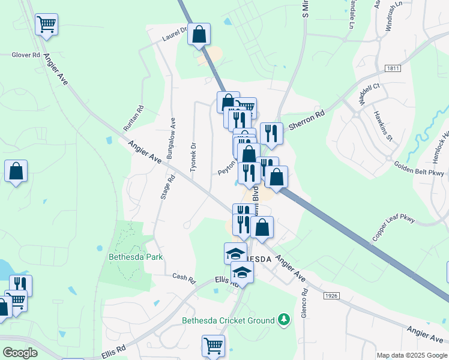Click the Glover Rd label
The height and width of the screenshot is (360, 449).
coord(25,55)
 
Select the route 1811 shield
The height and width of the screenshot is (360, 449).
coord(394,69)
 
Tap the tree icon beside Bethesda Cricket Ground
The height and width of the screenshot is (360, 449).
coord(283,321)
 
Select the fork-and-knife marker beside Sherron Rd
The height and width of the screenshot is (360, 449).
coord(271,133)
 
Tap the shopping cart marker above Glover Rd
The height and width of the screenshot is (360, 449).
coord(46,24)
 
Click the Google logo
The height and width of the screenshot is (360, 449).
coord(20,353)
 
